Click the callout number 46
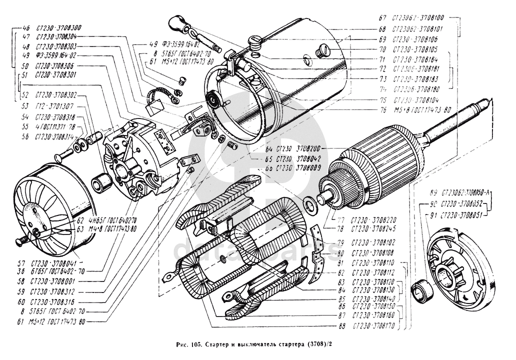click(x=26, y=28)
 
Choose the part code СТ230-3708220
click(x=373, y=219)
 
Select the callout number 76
click(x=382, y=108)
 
